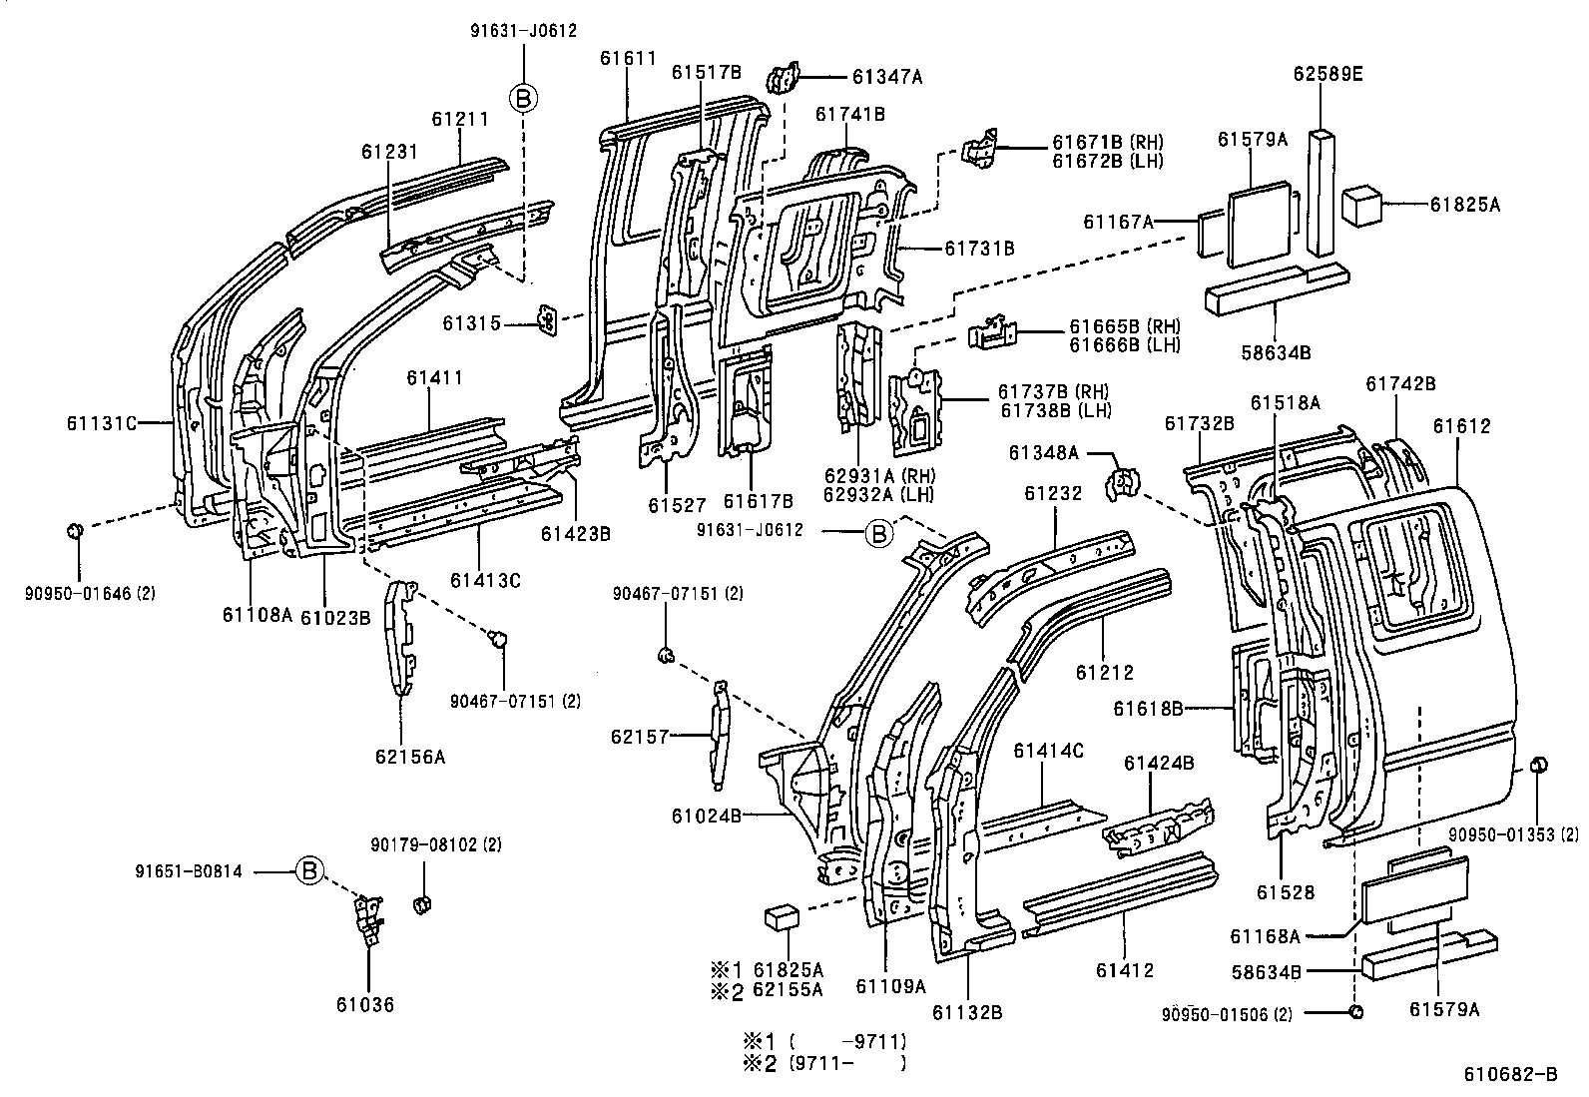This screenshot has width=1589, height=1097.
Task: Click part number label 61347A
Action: tap(887, 75)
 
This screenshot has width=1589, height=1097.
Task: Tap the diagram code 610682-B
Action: tap(1510, 1074)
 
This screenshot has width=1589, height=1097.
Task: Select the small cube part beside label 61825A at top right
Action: tap(1360, 204)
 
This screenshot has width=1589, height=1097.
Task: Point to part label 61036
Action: tap(365, 1005)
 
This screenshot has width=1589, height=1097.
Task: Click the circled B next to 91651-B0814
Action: tap(309, 871)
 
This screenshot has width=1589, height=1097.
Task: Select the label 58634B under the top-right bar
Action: tap(1277, 352)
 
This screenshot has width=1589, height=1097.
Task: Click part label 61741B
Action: tap(849, 114)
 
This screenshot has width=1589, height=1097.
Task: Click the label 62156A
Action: tap(410, 757)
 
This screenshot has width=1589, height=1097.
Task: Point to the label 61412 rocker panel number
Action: tap(1125, 969)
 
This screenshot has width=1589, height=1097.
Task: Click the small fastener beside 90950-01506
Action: tap(1354, 1013)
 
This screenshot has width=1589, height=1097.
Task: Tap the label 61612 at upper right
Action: tap(1461, 426)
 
